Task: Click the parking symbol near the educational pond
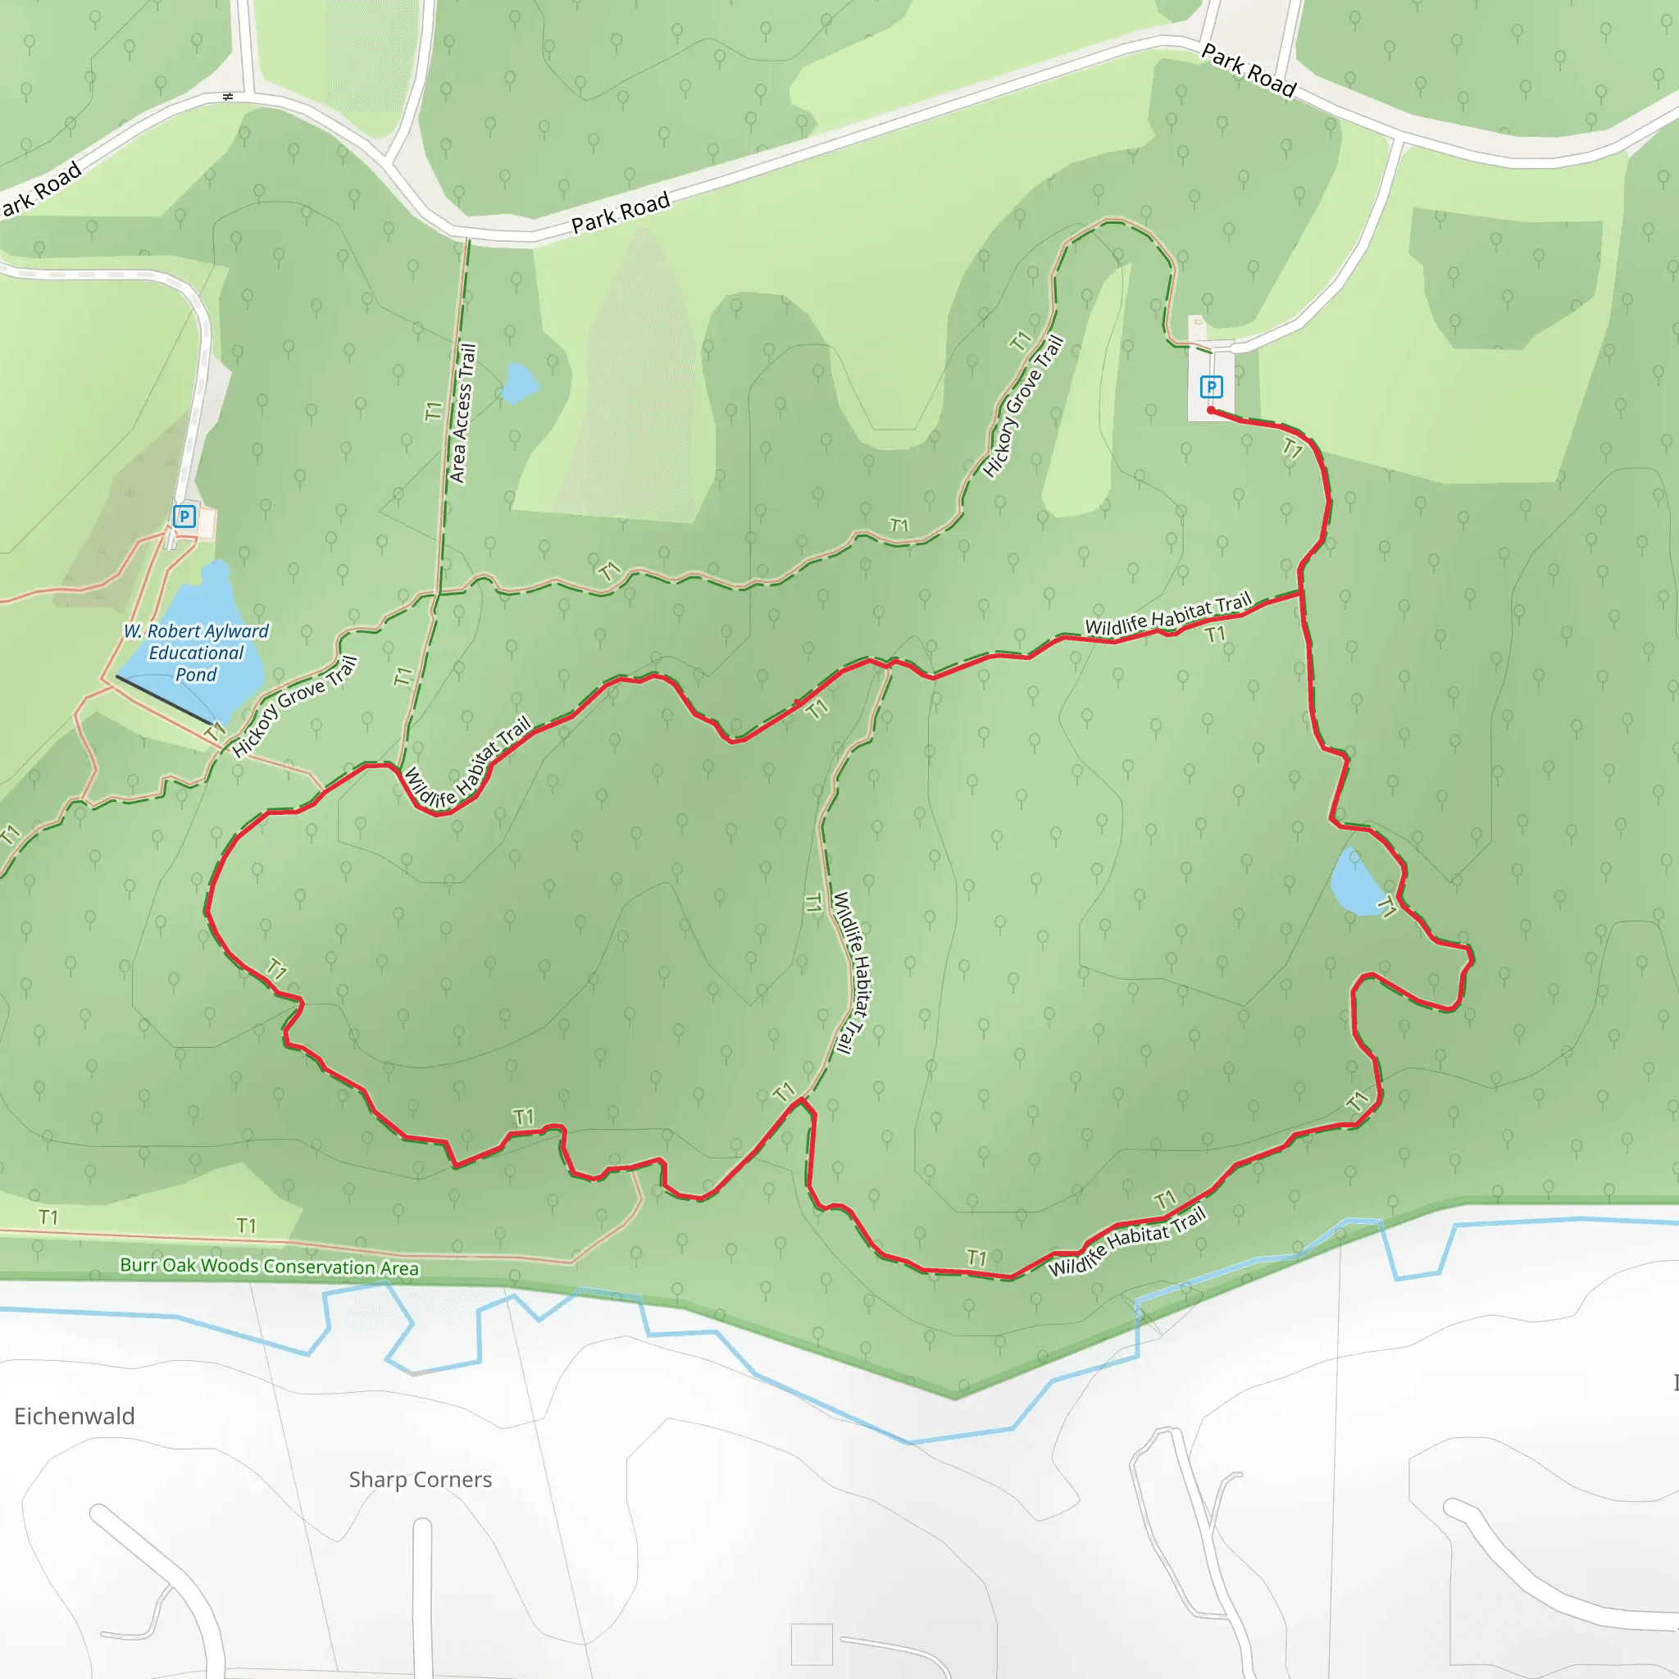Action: (184, 517)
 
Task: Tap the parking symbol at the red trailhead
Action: (1211, 387)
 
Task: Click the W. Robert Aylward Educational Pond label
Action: (197, 653)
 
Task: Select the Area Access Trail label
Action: (462, 414)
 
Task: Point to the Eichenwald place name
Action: (75, 1417)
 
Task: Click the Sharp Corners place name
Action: (421, 1480)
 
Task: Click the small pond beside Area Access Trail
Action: (519, 383)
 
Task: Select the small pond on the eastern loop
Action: (1352, 883)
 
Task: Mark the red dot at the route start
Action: (1211, 410)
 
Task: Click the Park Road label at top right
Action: (1249, 71)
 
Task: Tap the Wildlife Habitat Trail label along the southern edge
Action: (1127, 1243)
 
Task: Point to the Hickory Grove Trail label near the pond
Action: (294, 708)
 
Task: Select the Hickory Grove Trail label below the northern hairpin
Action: (1023, 407)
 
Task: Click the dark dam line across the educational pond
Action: (165, 700)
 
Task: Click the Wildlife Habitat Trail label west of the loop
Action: (466, 763)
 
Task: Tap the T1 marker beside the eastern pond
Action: (1387, 908)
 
